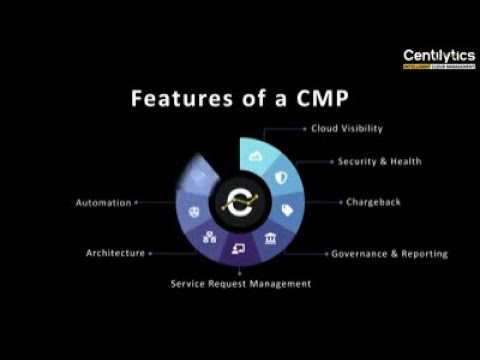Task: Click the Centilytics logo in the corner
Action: [438, 58]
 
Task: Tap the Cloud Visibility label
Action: [347, 128]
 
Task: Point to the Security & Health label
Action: [379, 161]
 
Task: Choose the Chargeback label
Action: [373, 201]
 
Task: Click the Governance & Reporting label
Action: [389, 254]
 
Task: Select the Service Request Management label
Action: [239, 283]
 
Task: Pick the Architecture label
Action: [115, 254]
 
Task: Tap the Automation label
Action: [103, 202]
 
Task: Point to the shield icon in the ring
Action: [280, 177]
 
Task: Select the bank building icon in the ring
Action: [271, 237]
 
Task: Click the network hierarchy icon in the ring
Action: [209, 237]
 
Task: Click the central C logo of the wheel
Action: [240, 201]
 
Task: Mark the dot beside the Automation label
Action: [136, 202]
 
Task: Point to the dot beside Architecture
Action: [150, 254]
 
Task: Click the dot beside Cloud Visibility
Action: [303, 128]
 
